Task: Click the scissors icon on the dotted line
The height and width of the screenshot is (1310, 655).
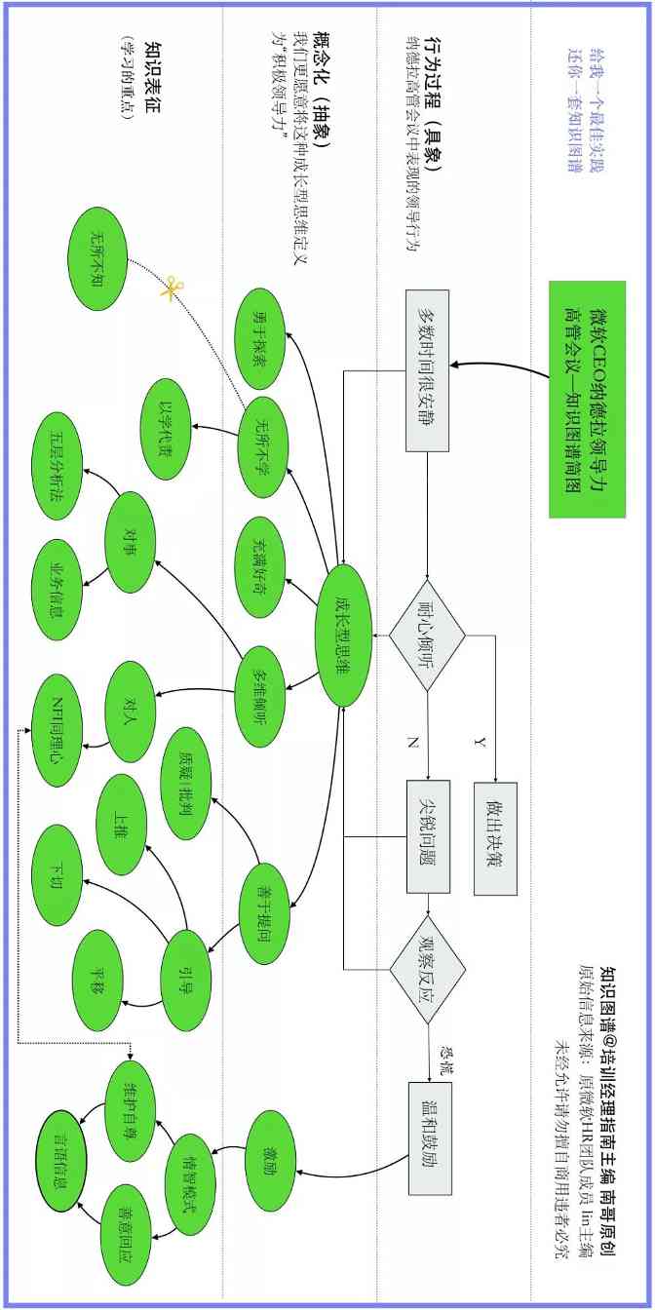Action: (173, 289)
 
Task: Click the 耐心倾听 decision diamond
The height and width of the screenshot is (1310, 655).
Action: (427, 636)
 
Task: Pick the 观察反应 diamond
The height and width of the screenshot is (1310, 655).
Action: (427, 967)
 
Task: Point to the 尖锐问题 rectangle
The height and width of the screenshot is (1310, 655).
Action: (427, 837)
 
